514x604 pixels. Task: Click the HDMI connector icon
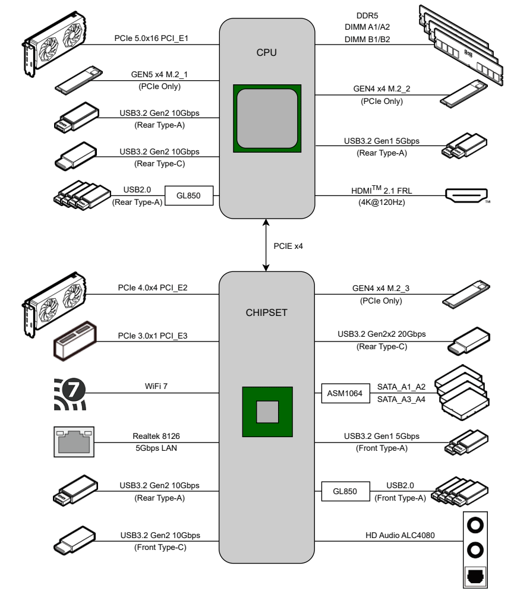[466, 195]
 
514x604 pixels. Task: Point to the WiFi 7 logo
[67, 393]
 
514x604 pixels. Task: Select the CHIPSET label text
[266, 314]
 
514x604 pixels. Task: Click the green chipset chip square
[266, 410]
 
